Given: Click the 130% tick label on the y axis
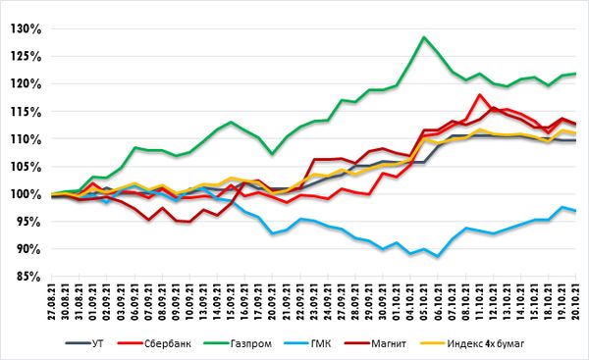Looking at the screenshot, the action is coord(26,29).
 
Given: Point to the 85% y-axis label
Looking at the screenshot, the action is coord(28,277).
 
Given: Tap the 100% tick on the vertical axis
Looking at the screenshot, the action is coord(26,194).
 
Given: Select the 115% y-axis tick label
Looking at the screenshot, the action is coord(26,112).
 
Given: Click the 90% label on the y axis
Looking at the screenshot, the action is coord(28,249).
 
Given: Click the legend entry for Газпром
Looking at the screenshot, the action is coord(238,343).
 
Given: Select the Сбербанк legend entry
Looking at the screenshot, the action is coord(154,343).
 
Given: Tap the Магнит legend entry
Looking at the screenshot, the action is coord(376,343).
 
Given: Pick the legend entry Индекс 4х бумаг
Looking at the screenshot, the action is coord(472,343).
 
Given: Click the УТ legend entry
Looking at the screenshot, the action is coord(84,343).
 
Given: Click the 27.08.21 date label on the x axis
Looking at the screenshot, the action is coord(52,301).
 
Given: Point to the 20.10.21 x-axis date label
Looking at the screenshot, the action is coord(575,301).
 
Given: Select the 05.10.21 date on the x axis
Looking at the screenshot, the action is coord(424,301).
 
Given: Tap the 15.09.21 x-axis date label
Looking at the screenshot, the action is coord(231,301).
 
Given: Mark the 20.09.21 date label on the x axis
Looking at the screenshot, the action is coord(272,301).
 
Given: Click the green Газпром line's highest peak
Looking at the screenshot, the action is coord(424,37).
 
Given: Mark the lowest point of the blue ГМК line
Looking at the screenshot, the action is coord(438,257).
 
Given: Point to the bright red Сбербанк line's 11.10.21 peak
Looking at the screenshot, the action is coord(479,94).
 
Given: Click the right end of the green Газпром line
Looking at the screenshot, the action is coord(575,74).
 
